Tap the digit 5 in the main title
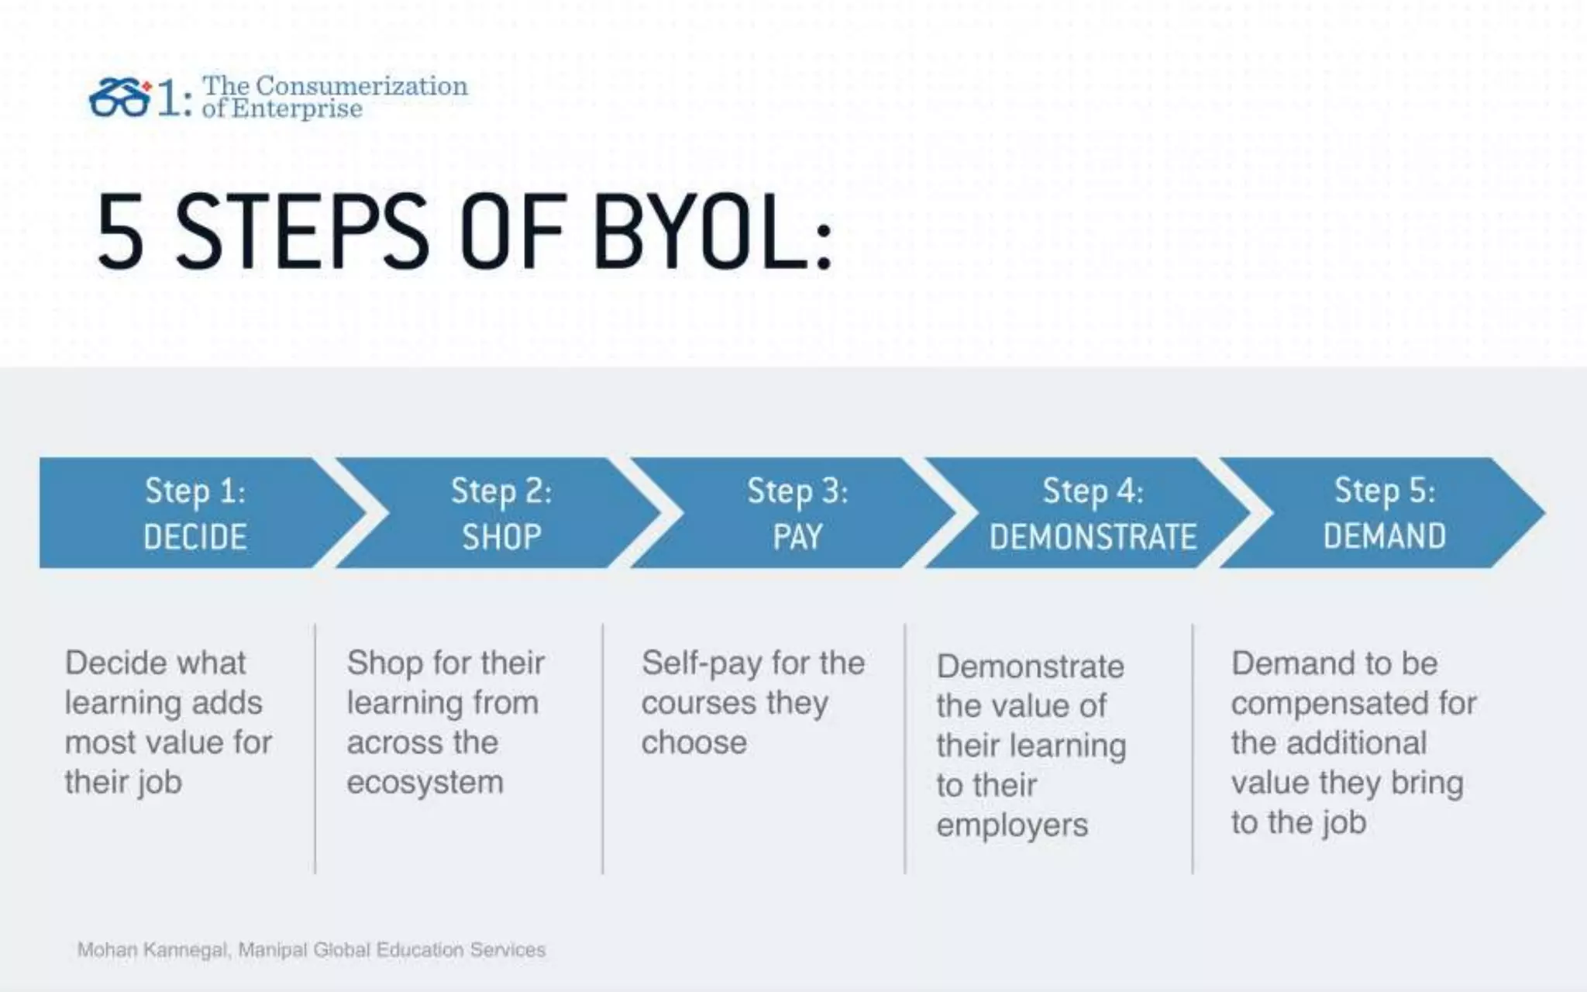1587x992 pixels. pos(121,232)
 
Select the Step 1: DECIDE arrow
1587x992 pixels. pos(195,513)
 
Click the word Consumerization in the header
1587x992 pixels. pos(361,85)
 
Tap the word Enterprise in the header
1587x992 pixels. pos(296,108)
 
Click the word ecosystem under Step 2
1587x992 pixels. pos(425,782)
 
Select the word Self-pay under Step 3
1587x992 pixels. pos(701,663)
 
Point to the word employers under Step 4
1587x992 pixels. pos(1012,825)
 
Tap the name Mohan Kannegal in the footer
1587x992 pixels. pos(152,949)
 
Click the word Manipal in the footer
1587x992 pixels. pos(272,949)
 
